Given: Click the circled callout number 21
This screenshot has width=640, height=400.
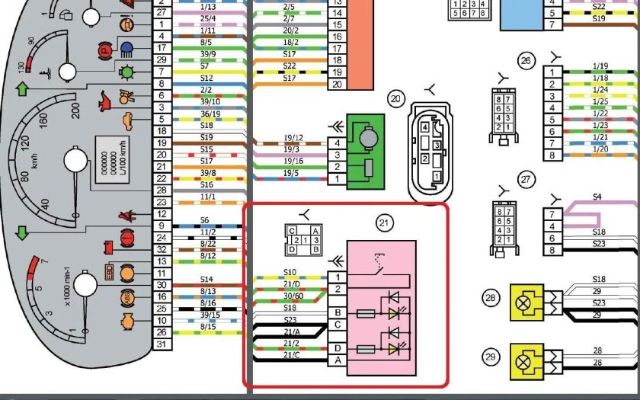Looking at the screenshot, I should [384, 222].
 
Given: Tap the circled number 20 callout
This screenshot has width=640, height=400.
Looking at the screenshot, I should [395, 98].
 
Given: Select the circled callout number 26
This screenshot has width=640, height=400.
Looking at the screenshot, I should [525, 60].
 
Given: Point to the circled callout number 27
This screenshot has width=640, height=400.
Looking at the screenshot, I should [525, 180].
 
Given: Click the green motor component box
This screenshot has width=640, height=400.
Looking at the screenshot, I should [368, 150].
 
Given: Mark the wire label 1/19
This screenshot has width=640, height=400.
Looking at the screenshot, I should [600, 66].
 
